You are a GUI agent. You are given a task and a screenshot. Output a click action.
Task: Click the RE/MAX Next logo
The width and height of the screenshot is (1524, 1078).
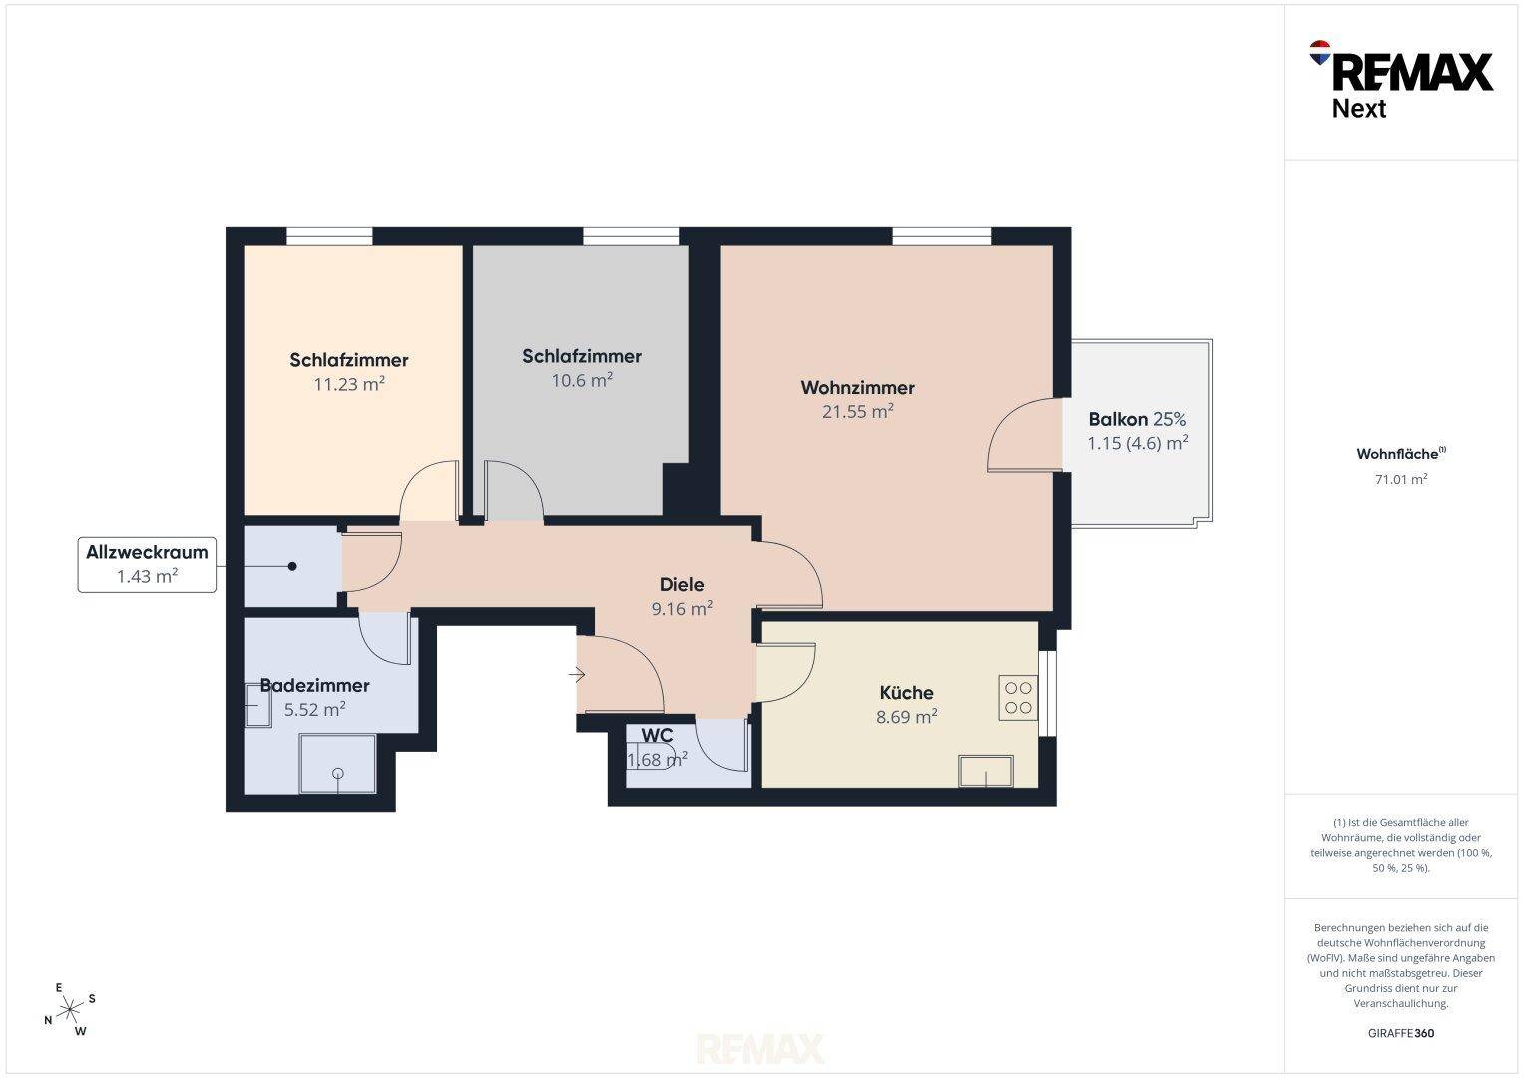point(1401,80)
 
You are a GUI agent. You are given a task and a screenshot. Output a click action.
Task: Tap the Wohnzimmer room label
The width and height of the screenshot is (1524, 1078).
point(858,388)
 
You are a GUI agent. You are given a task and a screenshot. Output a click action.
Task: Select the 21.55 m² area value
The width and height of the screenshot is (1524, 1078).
point(858,411)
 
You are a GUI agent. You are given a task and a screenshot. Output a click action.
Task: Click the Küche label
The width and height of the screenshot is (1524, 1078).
point(906,692)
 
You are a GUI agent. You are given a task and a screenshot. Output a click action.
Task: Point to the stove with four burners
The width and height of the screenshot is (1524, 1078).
point(1018,698)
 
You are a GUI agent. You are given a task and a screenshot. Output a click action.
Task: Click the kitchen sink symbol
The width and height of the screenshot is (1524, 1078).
point(986,771)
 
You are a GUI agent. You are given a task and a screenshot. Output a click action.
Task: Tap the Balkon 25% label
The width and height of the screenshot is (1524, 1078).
point(1137,419)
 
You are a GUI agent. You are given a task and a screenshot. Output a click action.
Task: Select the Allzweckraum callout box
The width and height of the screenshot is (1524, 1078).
point(147,564)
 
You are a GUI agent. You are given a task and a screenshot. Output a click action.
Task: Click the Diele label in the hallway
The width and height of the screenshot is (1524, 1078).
point(682,584)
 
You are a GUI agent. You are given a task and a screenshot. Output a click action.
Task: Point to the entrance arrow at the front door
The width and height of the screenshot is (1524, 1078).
point(577,675)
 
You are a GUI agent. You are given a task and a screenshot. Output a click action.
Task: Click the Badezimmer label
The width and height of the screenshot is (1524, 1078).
point(315,686)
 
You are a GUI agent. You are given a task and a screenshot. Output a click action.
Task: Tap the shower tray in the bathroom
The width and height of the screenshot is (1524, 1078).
point(338,763)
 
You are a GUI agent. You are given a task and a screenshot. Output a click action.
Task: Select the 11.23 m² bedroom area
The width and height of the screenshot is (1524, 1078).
point(349,384)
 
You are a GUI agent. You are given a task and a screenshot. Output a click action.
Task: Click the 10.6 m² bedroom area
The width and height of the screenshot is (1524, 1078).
point(582,380)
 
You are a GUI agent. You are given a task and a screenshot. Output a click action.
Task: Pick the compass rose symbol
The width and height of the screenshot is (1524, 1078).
point(69,1009)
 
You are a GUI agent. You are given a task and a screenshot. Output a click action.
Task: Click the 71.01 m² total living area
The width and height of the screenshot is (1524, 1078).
point(1401,479)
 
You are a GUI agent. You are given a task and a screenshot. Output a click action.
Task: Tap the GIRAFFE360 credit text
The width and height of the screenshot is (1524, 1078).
point(1401,1033)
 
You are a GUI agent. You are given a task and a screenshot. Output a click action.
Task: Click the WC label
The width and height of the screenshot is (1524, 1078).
point(658,735)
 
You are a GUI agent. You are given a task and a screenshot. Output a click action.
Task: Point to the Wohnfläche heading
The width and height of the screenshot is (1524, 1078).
point(1401,454)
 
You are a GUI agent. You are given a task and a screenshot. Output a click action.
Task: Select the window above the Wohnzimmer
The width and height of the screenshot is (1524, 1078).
point(941,236)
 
